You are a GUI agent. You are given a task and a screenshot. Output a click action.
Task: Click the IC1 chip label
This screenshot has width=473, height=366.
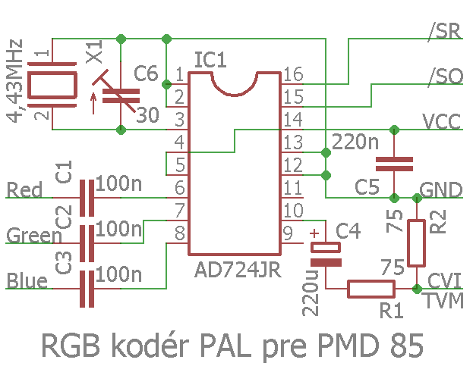[x=210, y=59]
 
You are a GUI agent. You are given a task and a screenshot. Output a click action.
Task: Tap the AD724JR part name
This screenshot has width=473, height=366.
[x=238, y=271]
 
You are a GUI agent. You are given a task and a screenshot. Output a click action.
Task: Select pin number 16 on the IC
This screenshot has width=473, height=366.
[x=292, y=74]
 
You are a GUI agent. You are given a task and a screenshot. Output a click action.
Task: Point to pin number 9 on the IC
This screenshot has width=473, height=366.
[x=289, y=233]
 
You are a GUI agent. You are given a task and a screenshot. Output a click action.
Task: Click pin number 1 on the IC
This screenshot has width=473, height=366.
[x=178, y=74]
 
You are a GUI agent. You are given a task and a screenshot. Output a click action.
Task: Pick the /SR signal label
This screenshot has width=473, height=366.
[x=444, y=32]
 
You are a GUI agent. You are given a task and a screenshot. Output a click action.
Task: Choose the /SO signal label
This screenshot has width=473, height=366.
[x=444, y=77]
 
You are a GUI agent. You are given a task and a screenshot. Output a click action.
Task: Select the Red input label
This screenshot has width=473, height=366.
[x=25, y=189]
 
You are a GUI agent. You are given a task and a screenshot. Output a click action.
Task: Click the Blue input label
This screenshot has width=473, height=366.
[x=27, y=281]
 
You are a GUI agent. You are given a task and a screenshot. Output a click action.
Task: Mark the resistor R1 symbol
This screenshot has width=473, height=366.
[x=371, y=288]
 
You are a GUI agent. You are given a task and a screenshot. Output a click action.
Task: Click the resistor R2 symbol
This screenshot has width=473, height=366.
[x=416, y=242]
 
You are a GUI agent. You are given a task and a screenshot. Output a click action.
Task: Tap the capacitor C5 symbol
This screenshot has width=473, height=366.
[x=394, y=163]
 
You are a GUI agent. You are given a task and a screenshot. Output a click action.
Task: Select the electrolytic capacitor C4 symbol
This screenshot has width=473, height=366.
[x=326, y=254]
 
